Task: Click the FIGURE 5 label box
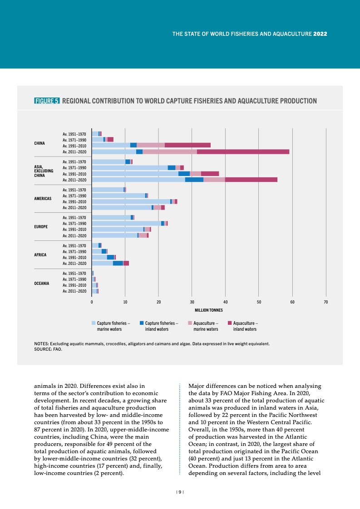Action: pos(47,101)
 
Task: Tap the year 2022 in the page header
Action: pos(321,34)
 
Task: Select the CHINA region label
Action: pos(39,143)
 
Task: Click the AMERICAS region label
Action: pos(43,199)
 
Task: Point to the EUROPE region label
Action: pos(41,226)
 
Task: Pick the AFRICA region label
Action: pos(40,254)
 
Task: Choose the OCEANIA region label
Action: pos(42,283)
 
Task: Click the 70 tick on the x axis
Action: pos(325,302)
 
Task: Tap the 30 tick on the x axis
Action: pos(192,302)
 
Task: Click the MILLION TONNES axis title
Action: pos(209,310)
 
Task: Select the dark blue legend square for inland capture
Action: pos(142,323)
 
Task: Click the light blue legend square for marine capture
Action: pos(94,323)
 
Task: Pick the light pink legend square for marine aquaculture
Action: pos(190,323)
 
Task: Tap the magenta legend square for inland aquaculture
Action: pos(230,323)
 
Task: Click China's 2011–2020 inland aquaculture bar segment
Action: pos(243,152)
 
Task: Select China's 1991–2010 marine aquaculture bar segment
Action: pos(150,145)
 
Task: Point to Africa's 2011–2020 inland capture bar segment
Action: pos(118,263)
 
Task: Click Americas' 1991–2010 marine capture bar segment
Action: pos(131,201)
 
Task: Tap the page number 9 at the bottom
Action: pos(180,492)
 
